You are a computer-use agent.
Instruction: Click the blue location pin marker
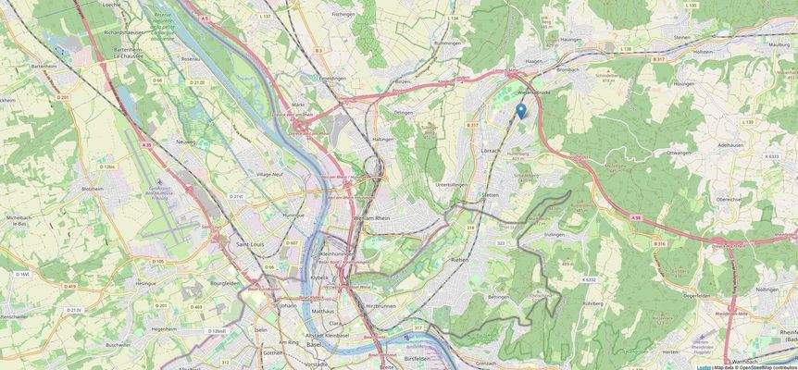coord(520,111)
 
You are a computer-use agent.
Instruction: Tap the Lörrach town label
coord(491,149)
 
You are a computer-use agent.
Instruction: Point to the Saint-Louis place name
coord(253,243)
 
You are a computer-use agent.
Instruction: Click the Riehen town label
coord(458,260)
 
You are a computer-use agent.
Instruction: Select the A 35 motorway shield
coord(146,145)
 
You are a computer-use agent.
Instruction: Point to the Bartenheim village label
coord(44,67)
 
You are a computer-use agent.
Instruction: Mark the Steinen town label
coord(682,37)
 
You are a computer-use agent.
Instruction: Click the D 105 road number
coord(157,261)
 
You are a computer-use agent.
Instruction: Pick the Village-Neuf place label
coord(270,174)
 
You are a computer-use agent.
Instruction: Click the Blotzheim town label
coord(93,189)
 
